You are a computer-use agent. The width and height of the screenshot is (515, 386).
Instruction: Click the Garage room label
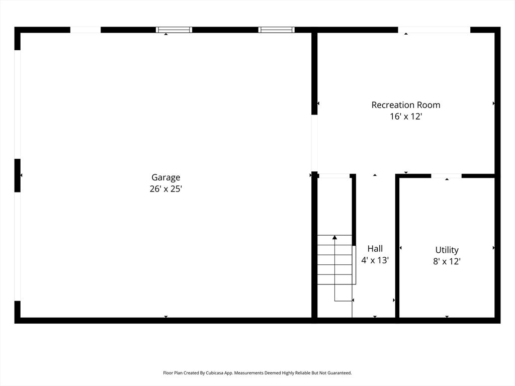click(x=166, y=177)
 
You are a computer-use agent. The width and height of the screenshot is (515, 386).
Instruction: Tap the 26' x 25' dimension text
click(x=166, y=189)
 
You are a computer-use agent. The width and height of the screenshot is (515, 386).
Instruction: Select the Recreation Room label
click(x=406, y=105)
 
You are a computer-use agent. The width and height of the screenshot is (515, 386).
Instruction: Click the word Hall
click(x=375, y=249)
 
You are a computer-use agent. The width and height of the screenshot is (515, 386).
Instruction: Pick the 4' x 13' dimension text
click(x=375, y=260)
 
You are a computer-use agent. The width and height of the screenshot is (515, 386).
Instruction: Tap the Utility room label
click(x=447, y=250)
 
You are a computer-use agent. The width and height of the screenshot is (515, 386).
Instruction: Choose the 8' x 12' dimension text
click(x=447, y=261)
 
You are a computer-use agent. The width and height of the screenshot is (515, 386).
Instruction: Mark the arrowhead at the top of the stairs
click(x=334, y=237)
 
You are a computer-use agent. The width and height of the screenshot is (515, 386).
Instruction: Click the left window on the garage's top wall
click(x=174, y=30)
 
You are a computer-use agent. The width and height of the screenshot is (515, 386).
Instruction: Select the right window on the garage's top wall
click(x=277, y=30)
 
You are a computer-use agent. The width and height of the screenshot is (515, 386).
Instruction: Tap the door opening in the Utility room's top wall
click(x=447, y=176)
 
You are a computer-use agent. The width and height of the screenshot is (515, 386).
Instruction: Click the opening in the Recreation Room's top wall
click(x=434, y=30)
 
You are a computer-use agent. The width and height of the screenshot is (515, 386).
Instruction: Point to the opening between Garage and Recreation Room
click(x=314, y=143)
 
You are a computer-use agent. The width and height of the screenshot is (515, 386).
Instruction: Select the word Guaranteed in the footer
click(x=338, y=373)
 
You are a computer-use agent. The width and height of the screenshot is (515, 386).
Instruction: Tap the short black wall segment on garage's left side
click(x=18, y=175)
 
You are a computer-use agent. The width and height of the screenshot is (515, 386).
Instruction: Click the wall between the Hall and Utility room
click(x=397, y=246)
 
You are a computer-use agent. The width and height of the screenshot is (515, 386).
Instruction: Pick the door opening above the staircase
click(x=334, y=176)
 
